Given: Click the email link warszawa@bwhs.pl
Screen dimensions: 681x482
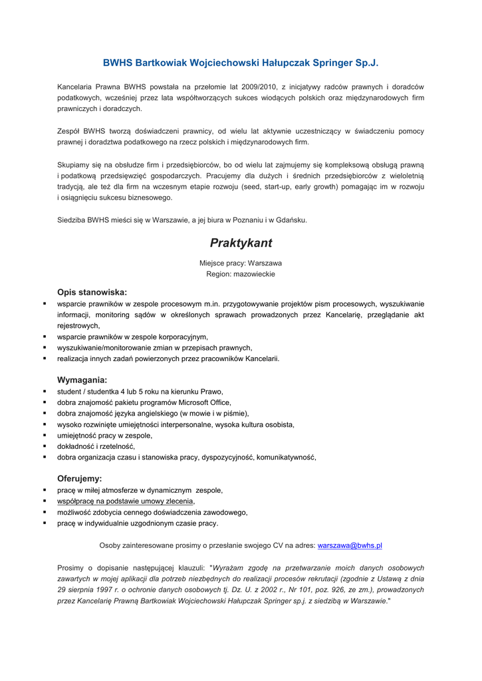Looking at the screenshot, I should (350, 545).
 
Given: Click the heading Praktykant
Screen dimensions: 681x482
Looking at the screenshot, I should (241, 243).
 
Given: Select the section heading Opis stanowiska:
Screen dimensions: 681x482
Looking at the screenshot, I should (92, 291).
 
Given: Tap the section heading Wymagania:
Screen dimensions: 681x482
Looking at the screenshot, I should (82, 380).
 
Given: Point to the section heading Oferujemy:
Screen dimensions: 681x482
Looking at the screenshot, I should (80, 478).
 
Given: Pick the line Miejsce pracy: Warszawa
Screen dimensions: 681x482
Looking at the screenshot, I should (241, 263).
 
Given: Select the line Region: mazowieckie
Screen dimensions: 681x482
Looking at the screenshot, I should (241, 273).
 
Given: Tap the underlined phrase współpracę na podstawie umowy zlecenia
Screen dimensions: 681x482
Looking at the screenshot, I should (126, 501).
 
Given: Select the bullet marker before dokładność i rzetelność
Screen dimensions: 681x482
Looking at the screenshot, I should (45, 446).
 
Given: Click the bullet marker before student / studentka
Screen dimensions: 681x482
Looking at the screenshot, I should (45, 392).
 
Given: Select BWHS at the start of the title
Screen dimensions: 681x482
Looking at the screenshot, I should (117, 63).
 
